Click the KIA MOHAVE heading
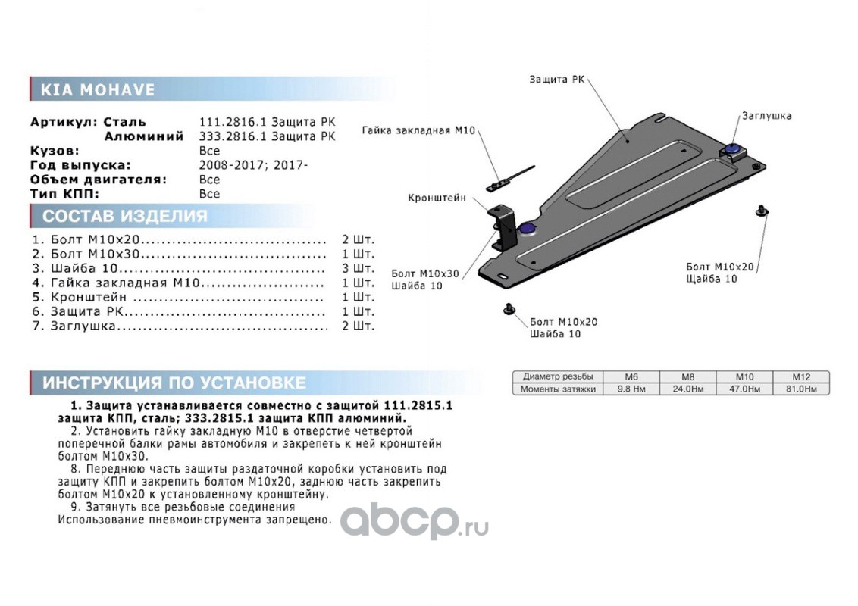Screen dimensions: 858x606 [98, 89]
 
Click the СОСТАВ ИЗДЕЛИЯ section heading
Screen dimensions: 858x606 [125, 216]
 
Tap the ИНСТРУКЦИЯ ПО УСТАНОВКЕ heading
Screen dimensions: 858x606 [174, 383]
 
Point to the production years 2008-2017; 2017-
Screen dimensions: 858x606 [253, 164]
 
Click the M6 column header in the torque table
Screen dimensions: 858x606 [631, 376]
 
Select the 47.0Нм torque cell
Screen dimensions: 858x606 [745, 389]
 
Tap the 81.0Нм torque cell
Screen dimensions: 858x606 [801, 389]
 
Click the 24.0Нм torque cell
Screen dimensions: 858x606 [687, 389]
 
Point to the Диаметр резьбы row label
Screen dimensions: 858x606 [558, 376]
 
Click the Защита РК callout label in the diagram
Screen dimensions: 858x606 [556, 80]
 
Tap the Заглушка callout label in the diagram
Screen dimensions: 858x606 [766, 116]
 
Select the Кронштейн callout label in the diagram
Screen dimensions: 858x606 [437, 198]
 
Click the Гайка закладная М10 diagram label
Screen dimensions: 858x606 [418, 130]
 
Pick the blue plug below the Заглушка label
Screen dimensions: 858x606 [731, 149]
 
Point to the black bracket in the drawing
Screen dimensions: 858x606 [504, 227]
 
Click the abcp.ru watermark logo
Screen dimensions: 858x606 [415, 521]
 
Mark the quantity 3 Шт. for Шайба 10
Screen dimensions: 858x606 [358, 269]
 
